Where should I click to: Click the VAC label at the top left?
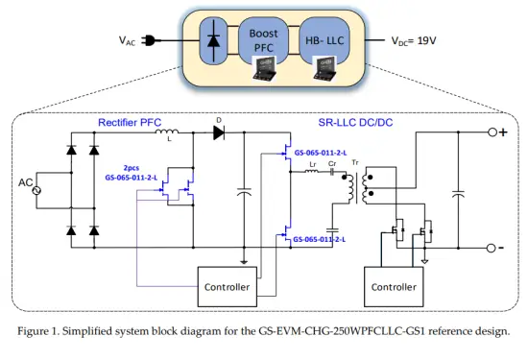click(x=127, y=41)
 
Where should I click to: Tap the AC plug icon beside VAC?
click(x=151, y=41)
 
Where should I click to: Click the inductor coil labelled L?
click(x=168, y=132)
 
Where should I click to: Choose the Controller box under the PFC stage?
click(x=229, y=286)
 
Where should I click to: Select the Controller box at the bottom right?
click(x=394, y=286)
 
